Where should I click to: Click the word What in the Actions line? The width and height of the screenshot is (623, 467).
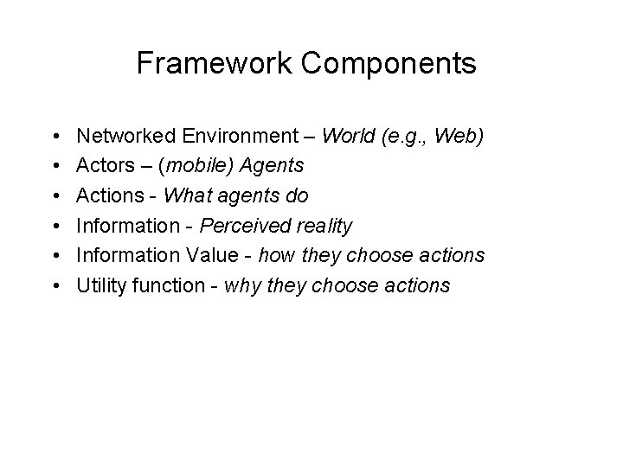185,196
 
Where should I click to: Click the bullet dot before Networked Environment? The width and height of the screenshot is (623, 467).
55,137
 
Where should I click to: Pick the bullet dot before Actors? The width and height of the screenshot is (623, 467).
55,167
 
